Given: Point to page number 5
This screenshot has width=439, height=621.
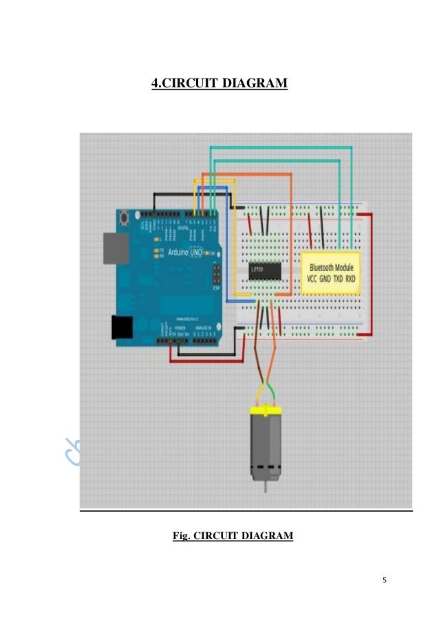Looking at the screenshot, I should point(385,580).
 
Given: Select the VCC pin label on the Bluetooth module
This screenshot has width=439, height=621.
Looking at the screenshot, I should point(312,280).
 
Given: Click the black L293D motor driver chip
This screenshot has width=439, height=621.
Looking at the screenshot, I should point(264,272).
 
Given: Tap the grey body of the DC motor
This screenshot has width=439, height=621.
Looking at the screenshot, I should point(264,444).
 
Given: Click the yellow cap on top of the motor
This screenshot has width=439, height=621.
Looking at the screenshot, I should point(264,410).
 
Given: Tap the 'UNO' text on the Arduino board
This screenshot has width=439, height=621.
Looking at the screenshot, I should point(191,252).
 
